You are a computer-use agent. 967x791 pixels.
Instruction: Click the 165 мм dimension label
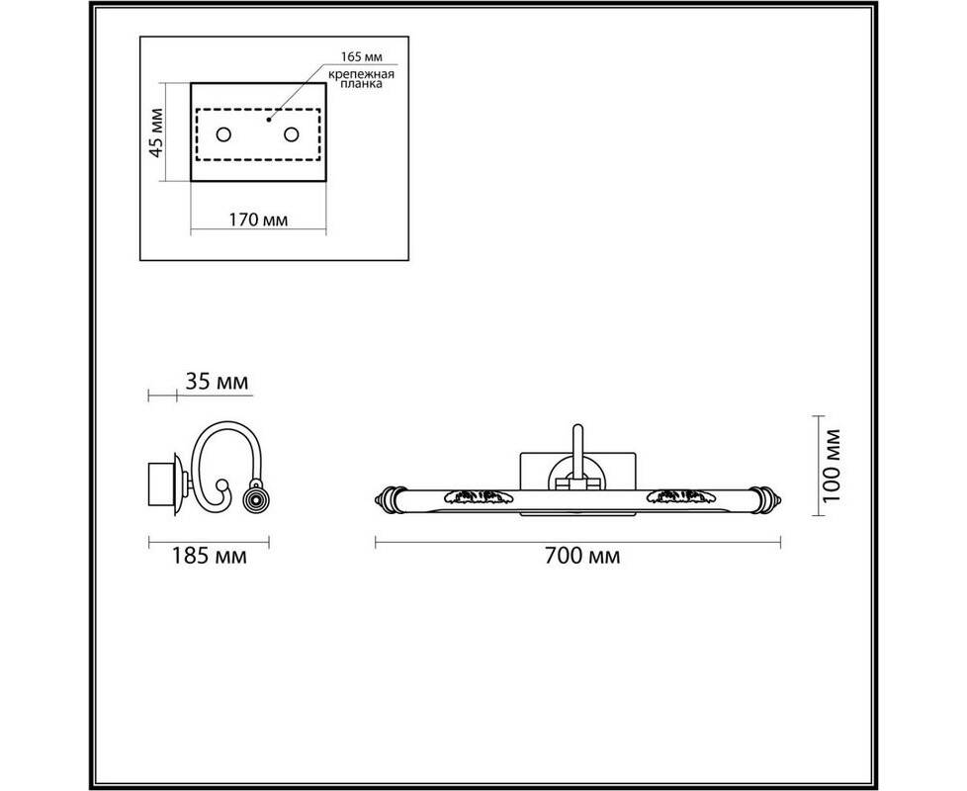(x=362, y=56)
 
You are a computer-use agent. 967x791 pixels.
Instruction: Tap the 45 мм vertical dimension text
(x=157, y=132)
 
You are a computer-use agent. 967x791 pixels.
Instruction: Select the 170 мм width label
(x=258, y=220)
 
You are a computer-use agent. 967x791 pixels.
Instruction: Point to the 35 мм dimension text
(x=218, y=382)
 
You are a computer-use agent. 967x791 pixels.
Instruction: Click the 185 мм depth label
(x=209, y=556)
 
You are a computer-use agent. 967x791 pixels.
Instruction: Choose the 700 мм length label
(x=582, y=556)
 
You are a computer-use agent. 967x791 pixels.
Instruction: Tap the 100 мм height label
(x=833, y=466)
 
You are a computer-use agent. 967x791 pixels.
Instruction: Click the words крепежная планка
(x=361, y=79)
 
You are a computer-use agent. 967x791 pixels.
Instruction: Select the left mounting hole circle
(x=223, y=134)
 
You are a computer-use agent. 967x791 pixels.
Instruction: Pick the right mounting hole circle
(x=291, y=134)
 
